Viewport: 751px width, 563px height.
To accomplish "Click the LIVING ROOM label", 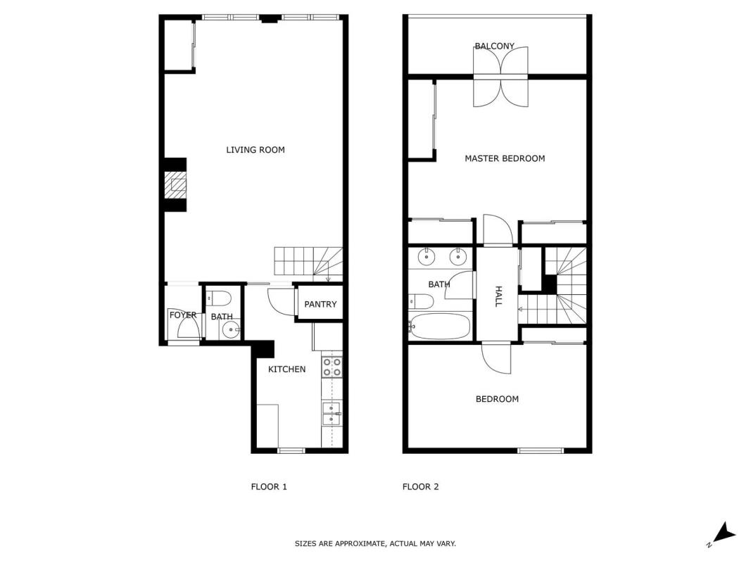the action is tap(255, 150).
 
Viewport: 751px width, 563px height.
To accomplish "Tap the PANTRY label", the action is tap(320, 304).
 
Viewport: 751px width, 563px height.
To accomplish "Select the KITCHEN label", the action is tap(286, 369).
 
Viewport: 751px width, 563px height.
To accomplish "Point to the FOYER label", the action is tap(183, 315).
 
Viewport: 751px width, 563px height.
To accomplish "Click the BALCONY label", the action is tap(494, 46).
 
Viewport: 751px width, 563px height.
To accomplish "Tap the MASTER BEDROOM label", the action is tap(505, 158).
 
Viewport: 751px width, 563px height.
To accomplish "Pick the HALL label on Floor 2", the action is tap(498, 296).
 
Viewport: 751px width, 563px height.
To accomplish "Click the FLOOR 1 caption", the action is tap(269, 487).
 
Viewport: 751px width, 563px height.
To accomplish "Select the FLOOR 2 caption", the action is tap(420, 487).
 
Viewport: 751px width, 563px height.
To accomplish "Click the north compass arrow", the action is tap(725, 532).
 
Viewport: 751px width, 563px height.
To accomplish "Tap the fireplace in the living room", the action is tap(175, 184).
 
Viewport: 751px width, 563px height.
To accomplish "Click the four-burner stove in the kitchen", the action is tap(332, 367).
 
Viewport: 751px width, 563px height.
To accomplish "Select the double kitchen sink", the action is tap(332, 414).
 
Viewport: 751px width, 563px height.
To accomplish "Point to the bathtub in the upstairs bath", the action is tap(439, 326).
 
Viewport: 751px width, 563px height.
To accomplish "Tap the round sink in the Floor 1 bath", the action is tap(232, 329).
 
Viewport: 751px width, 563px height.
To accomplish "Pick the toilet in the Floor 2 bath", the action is tap(421, 302).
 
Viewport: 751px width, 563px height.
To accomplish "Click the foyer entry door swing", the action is tap(189, 327).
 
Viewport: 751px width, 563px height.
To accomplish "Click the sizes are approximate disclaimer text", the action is tap(375, 543).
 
